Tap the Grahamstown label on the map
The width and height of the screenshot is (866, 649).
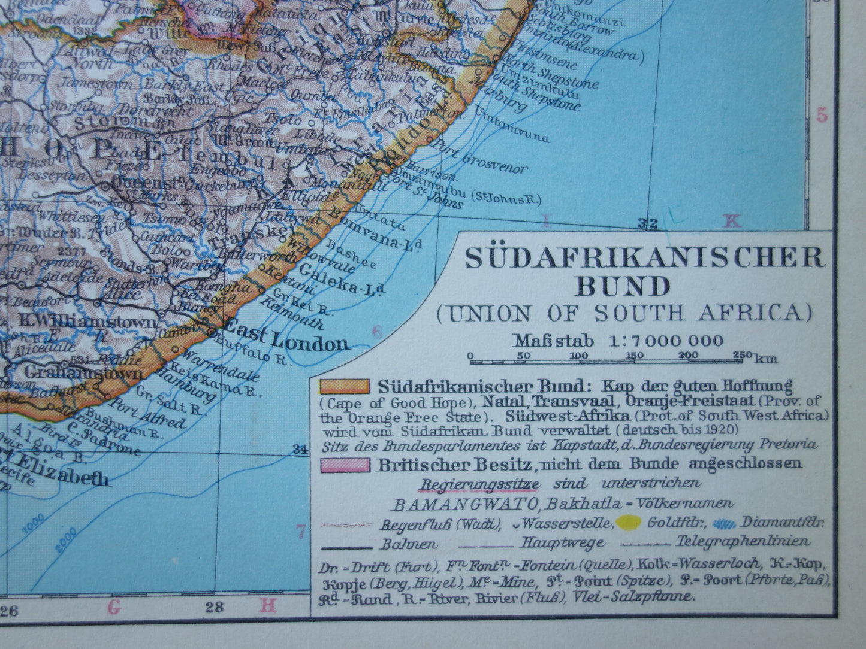(x=85, y=373)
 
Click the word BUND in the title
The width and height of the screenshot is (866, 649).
(x=623, y=286)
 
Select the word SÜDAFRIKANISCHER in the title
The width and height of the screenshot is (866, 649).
(x=646, y=258)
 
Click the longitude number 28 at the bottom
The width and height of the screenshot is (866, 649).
(x=214, y=609)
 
